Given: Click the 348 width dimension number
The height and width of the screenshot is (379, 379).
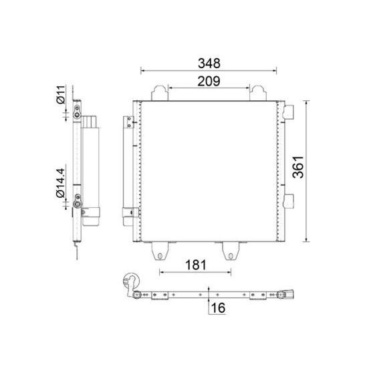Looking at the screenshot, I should (209, 63).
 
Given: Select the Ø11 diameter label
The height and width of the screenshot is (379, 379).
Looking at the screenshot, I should (60, 95).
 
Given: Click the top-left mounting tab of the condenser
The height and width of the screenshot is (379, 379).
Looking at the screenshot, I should (159, 92).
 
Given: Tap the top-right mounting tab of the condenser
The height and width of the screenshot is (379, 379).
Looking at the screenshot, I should (259, 92).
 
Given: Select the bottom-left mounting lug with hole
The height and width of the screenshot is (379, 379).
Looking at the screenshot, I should (159, 251).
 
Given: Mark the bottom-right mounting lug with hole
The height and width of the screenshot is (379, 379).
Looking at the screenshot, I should (230, 251).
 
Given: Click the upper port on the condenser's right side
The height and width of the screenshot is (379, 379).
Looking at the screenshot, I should (288, 110).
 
